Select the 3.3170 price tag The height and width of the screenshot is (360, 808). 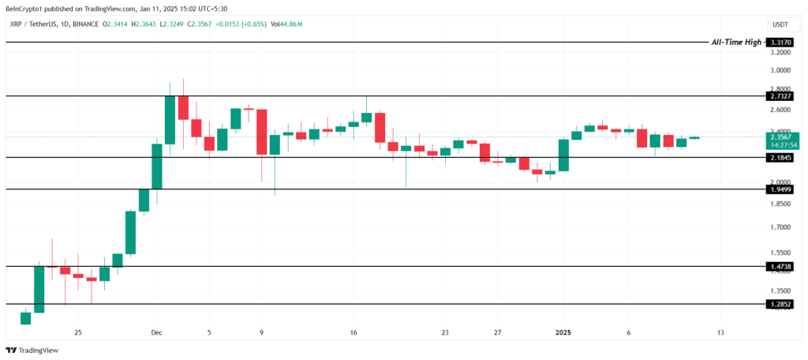click(x=780, y=41)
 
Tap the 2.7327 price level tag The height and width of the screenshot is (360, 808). click(x=780, y=96)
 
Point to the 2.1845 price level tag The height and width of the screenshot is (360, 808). click(x=780, y=158)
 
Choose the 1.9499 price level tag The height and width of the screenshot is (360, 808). click(x=780, y=189)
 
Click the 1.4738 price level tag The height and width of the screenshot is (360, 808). click(x=780, y=267)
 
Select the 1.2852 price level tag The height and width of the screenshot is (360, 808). click(x=780, y=304)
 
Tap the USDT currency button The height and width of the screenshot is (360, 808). click(x=780, y=24)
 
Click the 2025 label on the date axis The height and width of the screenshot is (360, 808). click(x=563, y=332)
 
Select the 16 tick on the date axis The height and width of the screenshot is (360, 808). click(x=353, y=332)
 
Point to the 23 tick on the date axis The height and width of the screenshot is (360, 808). click(x=445, y=332)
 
